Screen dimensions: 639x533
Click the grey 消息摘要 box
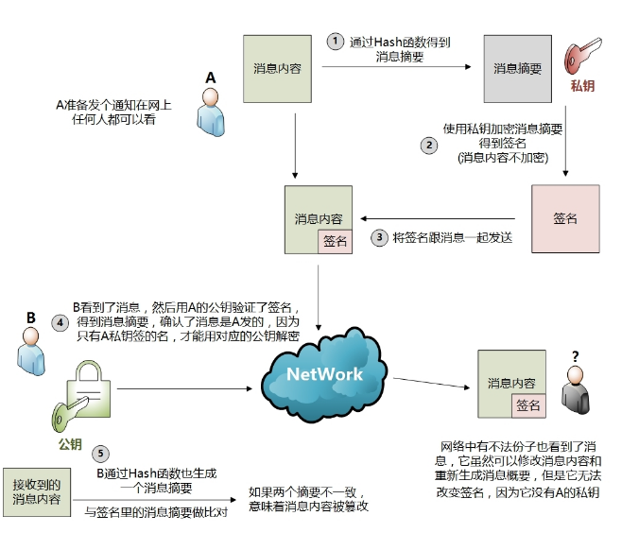518,68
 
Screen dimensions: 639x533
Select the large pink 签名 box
565,219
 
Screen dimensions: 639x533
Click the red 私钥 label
582,86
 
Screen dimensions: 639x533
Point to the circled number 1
336,42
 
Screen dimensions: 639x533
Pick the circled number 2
429,146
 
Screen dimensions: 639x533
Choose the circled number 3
379,237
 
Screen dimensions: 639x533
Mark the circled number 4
60,323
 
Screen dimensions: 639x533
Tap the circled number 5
100,454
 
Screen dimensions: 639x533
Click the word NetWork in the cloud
324,374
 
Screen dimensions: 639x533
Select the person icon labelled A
210,112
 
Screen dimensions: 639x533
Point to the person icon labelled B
31,352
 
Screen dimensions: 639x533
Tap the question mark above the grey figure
576,356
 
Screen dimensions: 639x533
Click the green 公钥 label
70,444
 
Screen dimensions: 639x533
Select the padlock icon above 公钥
89,389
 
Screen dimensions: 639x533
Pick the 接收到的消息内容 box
37,492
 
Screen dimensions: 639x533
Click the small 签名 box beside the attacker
528,405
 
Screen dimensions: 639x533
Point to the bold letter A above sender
210,77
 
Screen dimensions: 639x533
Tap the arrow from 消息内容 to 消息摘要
396,66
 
